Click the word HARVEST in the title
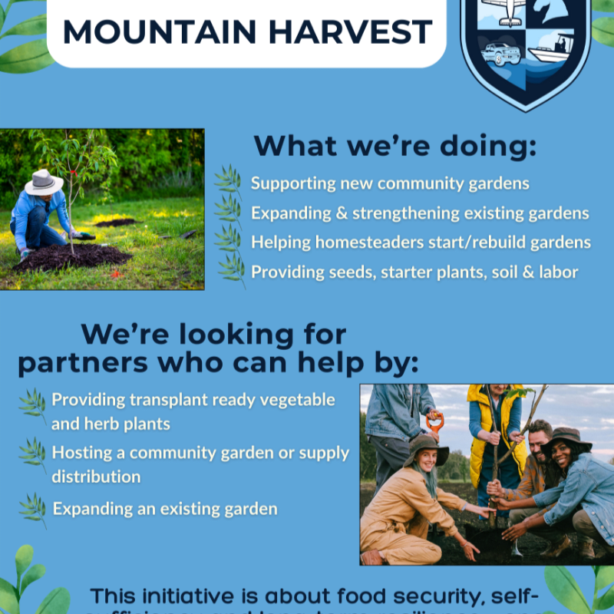coord(359,31)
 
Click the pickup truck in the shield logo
coord(500,54)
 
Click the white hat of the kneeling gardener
coord(44,183)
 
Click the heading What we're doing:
coord(396,146)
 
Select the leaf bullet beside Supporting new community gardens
coord(228,183)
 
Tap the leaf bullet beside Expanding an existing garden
coord(32,509)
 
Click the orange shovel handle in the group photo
coord(435,421)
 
